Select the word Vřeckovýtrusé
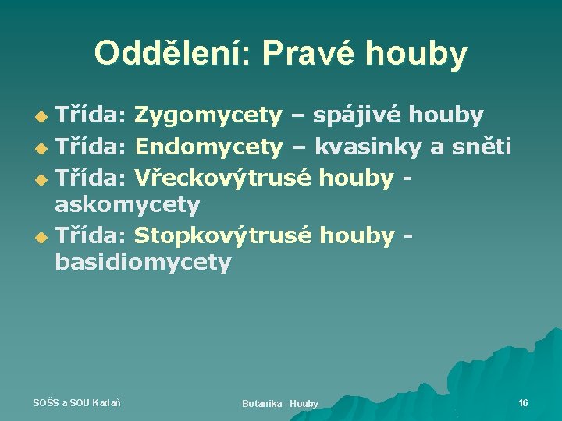click(225, 177)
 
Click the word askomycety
click(127, 205)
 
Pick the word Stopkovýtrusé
click(225, 235)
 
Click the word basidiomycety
click(143, 263)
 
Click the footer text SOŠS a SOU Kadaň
click(76, 402)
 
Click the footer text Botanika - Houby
click(280, 403)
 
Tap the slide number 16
click(523, 402)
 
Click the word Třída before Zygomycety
click(91, 116)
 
